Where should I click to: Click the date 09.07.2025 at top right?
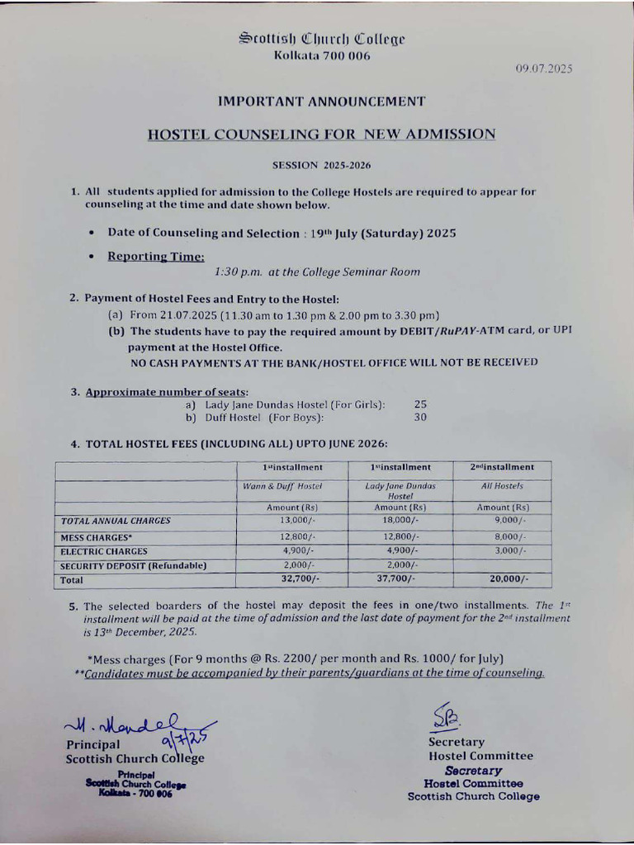click(x=544, y=68)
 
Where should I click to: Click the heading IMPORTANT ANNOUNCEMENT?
click(x=321, y=101)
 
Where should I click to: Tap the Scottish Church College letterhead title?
click(x=322, y=38)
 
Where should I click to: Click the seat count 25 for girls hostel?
click(x=421, y=404)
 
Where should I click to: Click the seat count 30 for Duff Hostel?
click(x=421, y=418)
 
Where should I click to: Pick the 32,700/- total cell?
click(x=298, y=580)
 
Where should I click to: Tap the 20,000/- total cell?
click(x=508, y=580)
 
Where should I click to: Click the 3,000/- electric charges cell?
click(x=509, y=550)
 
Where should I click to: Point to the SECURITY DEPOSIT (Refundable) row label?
click(x=133, y=565)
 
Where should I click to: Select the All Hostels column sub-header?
click(x=502, y=487)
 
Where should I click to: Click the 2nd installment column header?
click(x=502, y=467)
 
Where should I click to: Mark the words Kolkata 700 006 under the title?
click(x=322, y=56)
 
